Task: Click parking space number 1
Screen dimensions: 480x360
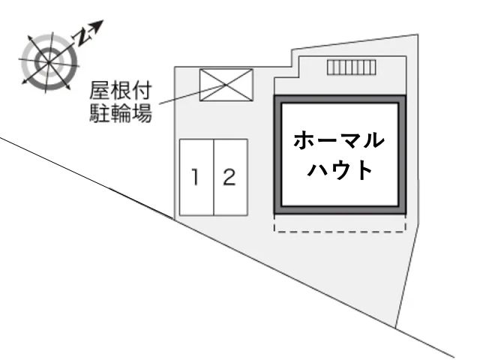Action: click(x=196, y=178)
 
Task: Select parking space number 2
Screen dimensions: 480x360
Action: click(x=230, y=178)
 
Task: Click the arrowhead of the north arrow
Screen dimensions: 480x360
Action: click(x=98, y=25)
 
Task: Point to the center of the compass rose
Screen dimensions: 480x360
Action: click(x=49, y=62)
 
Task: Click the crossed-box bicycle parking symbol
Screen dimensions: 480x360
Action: click(x=226, y=85)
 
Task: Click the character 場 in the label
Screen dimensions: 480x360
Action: click(x=142, y=113)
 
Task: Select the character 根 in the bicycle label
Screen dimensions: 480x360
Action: click(x=121, y=90)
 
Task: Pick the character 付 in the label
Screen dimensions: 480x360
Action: click(x=142, y=90)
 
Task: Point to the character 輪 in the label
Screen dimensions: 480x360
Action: click(x=121, y=113)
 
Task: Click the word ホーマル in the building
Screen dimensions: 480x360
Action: click(x=339, y=141)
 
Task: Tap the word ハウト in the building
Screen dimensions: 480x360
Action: click(x=340, y=169)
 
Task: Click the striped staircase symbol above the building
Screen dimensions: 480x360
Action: click(x=352, y=67)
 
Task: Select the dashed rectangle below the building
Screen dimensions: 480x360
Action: click(x=340, y=231)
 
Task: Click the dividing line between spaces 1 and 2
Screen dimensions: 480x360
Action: click(x=214, y=178)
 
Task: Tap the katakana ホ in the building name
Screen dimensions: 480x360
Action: click(x=304, y=141)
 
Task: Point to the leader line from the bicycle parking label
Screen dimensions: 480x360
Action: click(x=193, y=94)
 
